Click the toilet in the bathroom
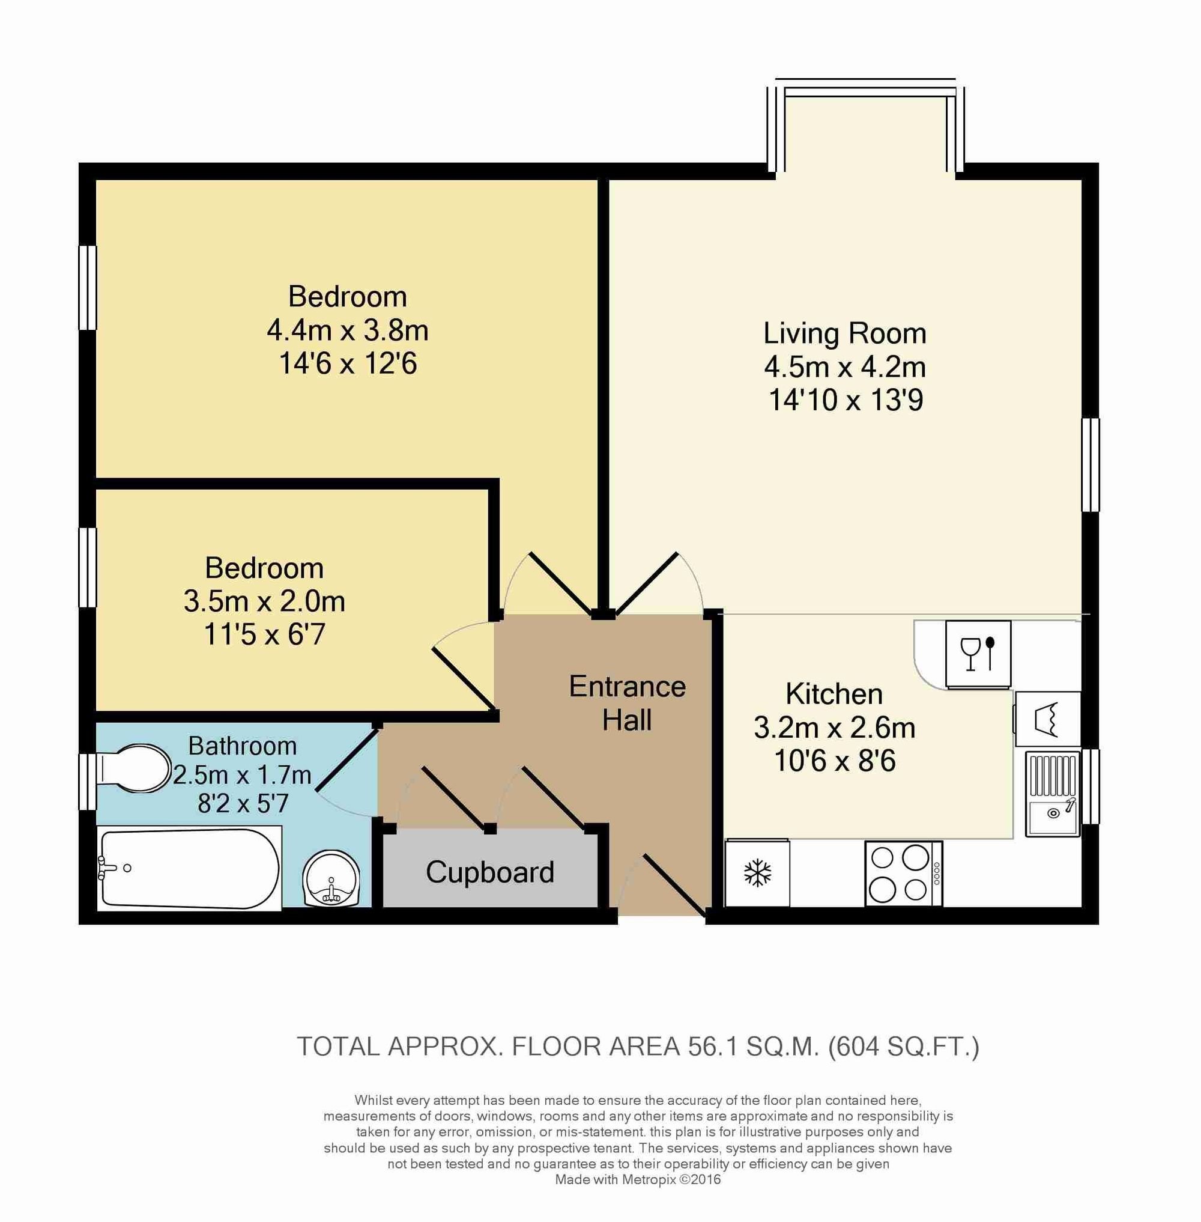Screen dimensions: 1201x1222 click(133, 769)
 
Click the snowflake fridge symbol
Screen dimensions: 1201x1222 click(758, 873)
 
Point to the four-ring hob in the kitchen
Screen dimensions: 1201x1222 click(904, 874)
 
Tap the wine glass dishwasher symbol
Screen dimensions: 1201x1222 click(978, 654)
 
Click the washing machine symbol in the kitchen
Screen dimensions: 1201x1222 click(1047, 720)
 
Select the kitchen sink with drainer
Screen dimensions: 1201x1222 click(1053, 794)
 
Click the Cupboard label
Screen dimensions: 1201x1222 click(490, 872)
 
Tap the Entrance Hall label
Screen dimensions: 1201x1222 click(627, 703)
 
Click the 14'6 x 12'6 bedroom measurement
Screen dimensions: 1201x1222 click(348, 363)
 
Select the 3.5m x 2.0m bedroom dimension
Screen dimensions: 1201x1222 click(264, 601)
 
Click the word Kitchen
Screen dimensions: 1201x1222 click(834, 695)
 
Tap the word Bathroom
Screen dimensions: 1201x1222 click(243, 746)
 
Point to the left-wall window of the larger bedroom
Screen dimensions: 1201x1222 click(88, 287)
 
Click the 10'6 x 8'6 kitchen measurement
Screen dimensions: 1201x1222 click(835, 761)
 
